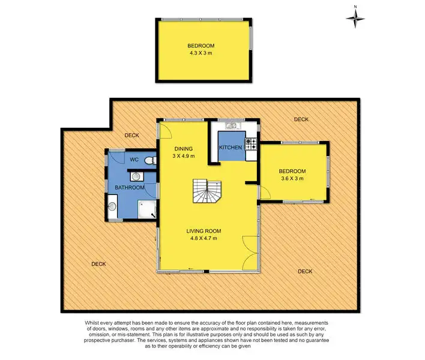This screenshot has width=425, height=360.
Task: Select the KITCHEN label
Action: [x=231, y=148]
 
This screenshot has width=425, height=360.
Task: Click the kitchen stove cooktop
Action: [x=251, y=144]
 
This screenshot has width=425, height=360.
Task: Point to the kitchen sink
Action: [x=231, y=125]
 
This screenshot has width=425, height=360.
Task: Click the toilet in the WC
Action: [x=152, y=160]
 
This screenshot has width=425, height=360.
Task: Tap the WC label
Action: [x=134, y=160]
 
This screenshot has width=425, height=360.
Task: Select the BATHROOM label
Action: [x=130, y=188]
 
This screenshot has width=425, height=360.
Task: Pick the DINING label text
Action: [x=183, y=149]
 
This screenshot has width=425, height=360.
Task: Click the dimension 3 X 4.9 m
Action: [x=183, y=157]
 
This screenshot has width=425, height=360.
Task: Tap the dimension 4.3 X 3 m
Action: [x=200, y=53]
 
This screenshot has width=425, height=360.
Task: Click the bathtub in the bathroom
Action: [x=113, y=207]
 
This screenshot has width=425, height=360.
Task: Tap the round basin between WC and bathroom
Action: [x=136, y=177]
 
